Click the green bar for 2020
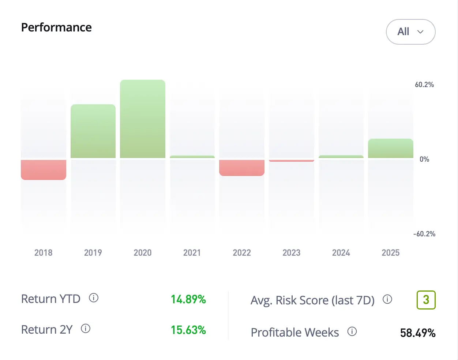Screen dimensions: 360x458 click(143, 119)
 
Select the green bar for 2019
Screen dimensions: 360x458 click(93, 131)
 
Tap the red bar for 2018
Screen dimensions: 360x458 click(44, 170)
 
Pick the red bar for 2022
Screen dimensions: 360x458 click(242, 168)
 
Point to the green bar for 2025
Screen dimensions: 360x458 click(391, 149)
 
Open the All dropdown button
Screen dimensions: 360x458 click(410, 32)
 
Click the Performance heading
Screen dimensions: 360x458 click(56, 27)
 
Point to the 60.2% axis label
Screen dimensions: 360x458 click(424, 85)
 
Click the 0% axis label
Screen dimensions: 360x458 click(424, 159)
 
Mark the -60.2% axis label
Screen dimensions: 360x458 click(424, 234)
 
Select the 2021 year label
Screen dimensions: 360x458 click(192, 253)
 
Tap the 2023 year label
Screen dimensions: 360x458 click(292, 253)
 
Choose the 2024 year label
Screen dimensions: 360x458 click(341, 253)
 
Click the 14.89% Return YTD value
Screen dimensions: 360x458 click(188, 299)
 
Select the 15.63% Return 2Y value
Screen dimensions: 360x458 click(188, 330)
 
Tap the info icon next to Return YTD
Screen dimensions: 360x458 click(94, 298)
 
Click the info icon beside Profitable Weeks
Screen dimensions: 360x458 click(352, 332)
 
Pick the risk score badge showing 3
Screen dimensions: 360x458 click(426, 300)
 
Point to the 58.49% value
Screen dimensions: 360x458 click(418, 333)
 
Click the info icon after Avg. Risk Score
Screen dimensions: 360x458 click(387, 300)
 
